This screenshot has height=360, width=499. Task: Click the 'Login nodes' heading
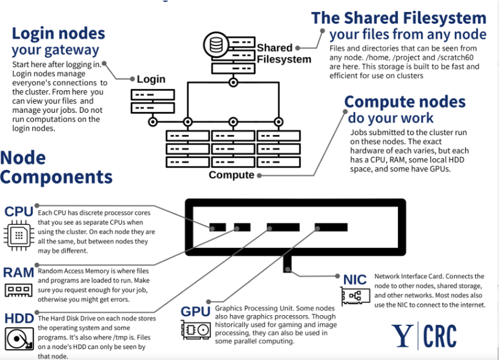coord(58,33)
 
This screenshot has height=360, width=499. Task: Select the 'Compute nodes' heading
coord(405,101)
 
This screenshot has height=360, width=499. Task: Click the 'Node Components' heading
coord(56,167)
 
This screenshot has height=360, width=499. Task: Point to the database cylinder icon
coord(216,45)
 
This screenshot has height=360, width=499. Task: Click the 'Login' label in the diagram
coord(151,79)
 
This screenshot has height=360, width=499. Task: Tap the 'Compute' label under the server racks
coord(231,175)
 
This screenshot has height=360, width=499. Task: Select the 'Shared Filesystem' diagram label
coord(283,53)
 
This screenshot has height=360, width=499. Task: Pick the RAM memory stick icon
coord(19,290)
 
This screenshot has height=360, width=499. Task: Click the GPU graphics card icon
coord(196,329)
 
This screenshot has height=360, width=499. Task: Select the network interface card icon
coord(355,296)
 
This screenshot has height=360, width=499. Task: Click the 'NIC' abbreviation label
coord(355,279)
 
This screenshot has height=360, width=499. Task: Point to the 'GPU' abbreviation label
coord(195,312)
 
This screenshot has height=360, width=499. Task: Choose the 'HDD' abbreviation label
coord(19,319)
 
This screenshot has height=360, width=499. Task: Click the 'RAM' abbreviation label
coord(18,272)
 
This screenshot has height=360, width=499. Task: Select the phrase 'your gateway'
coord(55,50)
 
